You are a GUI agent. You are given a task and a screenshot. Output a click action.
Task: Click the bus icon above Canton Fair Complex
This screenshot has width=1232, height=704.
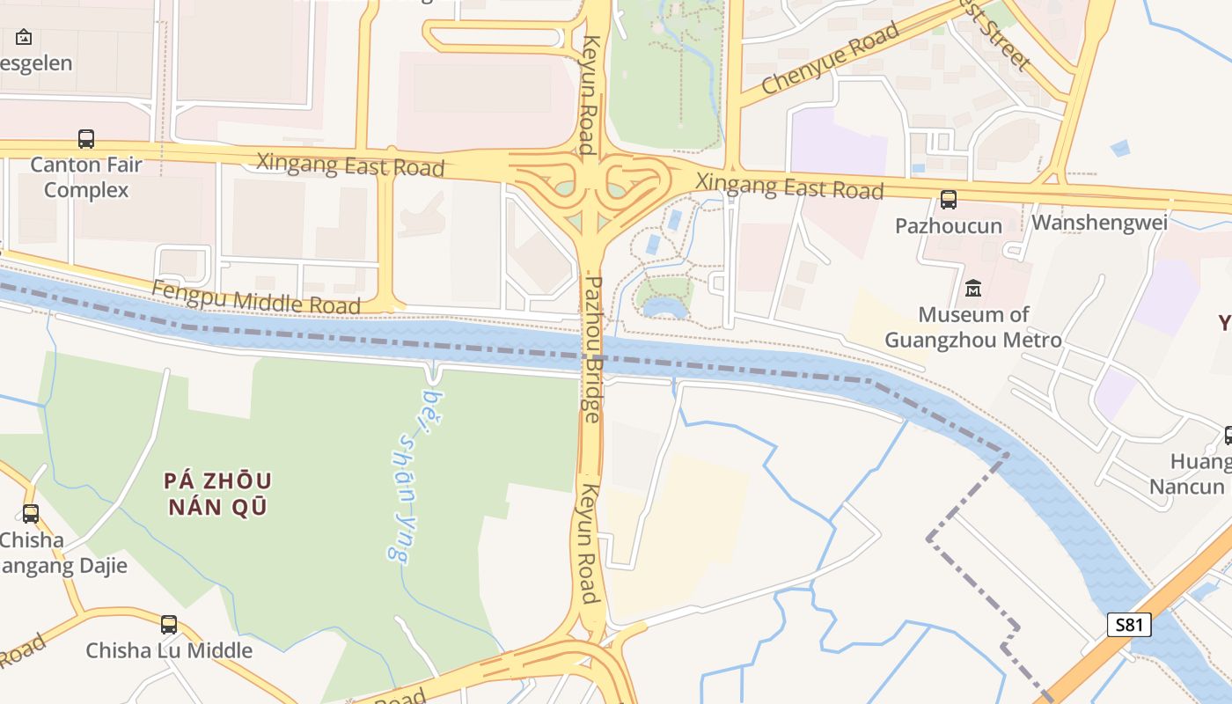point(85,139)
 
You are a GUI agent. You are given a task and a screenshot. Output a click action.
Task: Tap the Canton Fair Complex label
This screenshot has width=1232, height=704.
point(86,177)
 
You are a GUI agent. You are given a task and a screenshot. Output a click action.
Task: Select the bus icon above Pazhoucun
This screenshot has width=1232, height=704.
point(948,200)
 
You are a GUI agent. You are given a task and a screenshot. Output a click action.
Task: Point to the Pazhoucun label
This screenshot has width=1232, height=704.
point(948,226)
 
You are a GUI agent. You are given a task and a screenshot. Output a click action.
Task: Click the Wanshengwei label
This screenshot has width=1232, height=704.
point(1099,222)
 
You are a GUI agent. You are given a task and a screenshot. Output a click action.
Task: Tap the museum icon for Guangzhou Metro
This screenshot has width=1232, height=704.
point(972,288)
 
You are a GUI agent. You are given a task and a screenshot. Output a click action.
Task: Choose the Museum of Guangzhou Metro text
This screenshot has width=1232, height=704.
point(972,326)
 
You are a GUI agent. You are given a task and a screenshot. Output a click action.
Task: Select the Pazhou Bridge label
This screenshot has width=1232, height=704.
point(593,349)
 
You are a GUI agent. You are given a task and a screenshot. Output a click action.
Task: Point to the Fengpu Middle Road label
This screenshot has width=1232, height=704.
point(256,297)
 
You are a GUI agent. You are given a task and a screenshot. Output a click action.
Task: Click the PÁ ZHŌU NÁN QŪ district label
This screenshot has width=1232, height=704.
point(217,494)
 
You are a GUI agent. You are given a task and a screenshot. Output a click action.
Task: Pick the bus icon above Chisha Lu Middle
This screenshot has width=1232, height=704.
point(168,625)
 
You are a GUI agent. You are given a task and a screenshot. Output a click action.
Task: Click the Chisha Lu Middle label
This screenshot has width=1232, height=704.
point(168,651)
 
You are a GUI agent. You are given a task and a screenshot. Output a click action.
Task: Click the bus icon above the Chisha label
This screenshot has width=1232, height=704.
point(31,513)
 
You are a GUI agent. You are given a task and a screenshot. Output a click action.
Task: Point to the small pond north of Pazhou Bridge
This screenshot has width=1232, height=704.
point(664,307)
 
